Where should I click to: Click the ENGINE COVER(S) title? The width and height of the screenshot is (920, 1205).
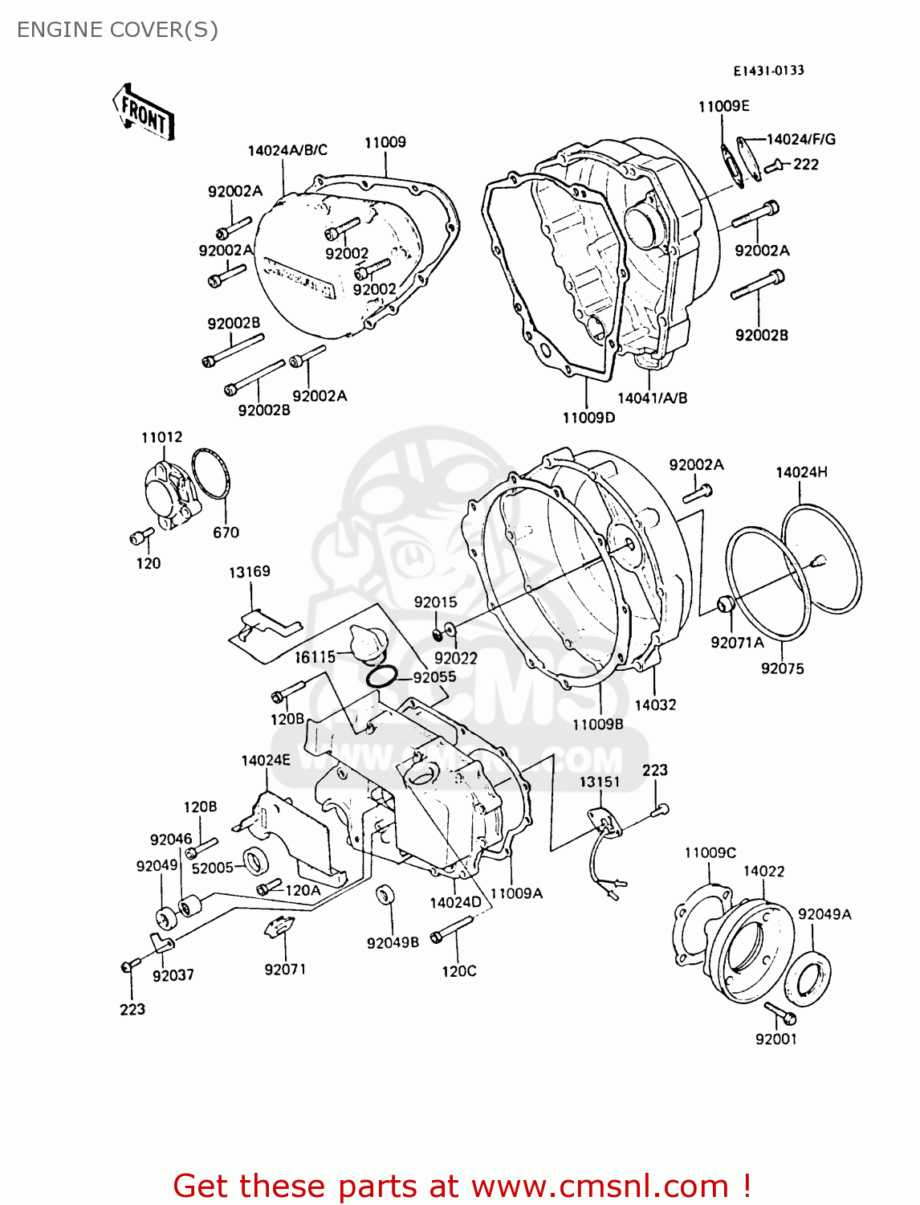pos(117,30)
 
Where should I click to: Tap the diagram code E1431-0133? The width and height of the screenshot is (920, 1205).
pos(768,71)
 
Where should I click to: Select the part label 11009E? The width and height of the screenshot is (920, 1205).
pos(723,106)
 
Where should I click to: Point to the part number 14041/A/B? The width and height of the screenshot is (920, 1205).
pos(652,398)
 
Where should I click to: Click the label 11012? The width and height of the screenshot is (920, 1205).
pos(161,437)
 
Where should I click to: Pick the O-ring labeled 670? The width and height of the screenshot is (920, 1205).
pos(211,475)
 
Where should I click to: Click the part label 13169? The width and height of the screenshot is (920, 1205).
pos(250,572)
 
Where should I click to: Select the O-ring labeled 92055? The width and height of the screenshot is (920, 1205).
pos(381,677)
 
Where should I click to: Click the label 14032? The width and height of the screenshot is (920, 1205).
pos(655,705)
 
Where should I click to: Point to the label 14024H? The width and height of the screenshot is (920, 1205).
pos(801,472)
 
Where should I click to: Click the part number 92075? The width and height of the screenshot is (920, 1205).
pos(782,668)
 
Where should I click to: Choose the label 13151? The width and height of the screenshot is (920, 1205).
pos(600,782)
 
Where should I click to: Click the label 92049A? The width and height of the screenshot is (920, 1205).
pos(824,914)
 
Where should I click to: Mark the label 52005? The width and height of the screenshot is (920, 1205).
pos(212,868)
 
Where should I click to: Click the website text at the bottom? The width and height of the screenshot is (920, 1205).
pos(462,1186)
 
